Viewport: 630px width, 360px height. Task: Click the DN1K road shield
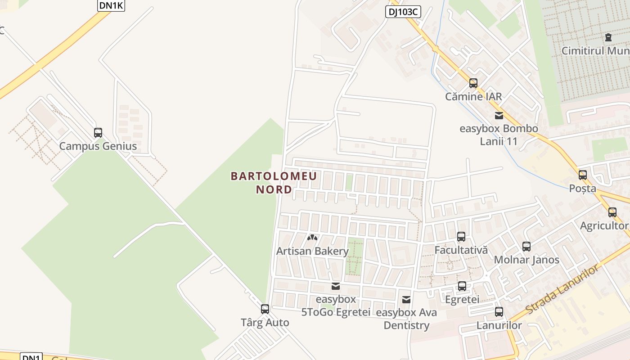pos(111,5)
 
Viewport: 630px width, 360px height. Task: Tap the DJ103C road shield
pos(403,12)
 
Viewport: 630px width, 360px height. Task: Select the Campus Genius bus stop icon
pos(98,133)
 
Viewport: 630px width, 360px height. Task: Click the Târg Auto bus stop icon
pos(265,309)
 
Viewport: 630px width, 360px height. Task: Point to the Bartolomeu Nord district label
pos(274,183)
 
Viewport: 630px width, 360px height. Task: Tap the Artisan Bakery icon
pos(312,237)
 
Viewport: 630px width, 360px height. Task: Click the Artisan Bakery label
pos(312,251)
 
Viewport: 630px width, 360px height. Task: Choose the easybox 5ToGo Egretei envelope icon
pos(335,286)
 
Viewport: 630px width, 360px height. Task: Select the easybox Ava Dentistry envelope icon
pos(406,299)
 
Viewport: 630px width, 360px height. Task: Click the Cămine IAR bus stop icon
pos(473,83)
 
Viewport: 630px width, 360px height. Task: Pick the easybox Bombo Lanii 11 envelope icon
pos(499,116)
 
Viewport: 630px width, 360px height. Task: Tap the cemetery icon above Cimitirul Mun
pos(609,37)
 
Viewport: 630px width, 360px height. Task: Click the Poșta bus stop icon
pos(583,175)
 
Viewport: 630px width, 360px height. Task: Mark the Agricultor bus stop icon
pos(612,212)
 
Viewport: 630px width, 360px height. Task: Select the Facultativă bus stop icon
pos(461,237)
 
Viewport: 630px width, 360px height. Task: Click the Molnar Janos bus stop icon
pos(526,247)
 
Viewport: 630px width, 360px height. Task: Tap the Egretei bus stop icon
pos(462,286)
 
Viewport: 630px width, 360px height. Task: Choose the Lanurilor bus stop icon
pos(499,312)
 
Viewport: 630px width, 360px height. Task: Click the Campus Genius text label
pos(98,146)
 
